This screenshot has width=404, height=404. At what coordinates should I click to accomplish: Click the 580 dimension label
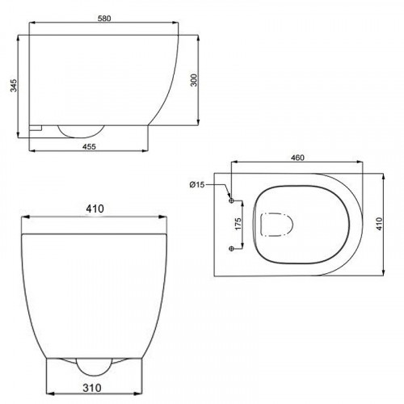(104, 19)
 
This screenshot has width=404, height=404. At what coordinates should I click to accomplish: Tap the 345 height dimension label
(14, 86)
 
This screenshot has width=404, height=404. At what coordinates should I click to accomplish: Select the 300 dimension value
(194, 80)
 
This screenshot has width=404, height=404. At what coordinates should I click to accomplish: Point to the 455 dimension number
(89, 146)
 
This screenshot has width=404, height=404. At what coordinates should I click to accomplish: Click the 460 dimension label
(297, 158)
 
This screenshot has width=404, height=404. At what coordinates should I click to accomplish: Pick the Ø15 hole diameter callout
(197, 184)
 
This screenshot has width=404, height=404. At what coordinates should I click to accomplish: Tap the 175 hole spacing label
(238, 224)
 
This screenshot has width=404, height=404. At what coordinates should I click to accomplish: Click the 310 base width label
(92, 388)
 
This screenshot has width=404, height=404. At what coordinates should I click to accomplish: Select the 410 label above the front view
(95, 208)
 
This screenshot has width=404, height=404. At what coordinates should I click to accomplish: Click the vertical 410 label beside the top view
(379, 224)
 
